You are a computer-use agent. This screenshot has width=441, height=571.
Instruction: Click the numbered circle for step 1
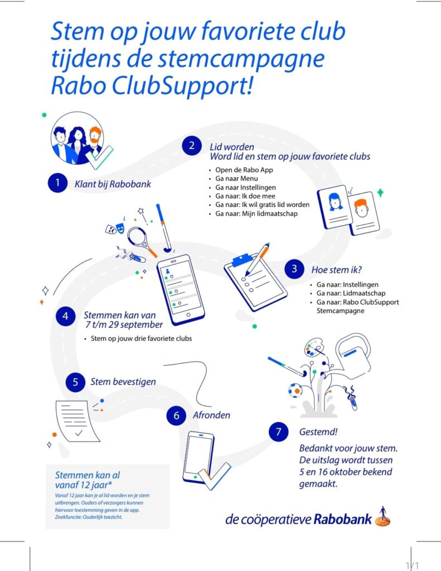(x=57, y=183)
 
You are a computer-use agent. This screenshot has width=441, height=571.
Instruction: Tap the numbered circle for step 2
(x=192, y=146)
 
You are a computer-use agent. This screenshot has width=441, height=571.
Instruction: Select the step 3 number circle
(x=294, y=269)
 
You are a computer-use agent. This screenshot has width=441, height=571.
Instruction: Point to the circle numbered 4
(x=66, y=316)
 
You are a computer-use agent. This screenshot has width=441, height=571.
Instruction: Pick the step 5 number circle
(x=75, y=382)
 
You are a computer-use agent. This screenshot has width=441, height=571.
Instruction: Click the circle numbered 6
(x=176, y=415)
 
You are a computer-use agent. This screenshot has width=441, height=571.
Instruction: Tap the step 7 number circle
(x=279, y=432)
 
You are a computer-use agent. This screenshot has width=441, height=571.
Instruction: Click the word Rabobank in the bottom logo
(x=343, y=519)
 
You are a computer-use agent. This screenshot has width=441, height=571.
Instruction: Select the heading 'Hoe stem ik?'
(x=337, y=270)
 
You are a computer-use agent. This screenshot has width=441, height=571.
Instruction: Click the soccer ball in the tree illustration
(x=295, y=390)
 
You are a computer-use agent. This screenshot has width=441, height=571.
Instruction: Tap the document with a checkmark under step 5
(x=77, y=422)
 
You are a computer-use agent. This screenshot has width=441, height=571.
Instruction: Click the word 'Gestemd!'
(x=318, y=432)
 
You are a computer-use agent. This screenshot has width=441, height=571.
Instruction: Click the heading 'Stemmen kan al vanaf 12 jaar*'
(x=88, y=480)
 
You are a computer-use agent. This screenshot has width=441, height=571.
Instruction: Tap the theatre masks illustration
(x=115, y=229)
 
